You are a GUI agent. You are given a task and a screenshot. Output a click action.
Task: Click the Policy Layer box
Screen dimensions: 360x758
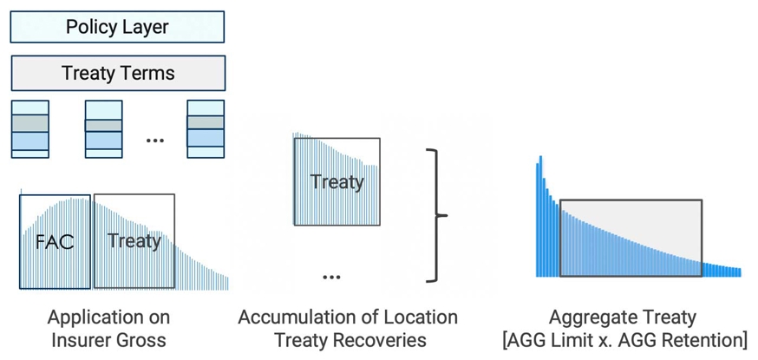[117, 27]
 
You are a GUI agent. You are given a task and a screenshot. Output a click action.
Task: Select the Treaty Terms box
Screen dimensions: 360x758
[118, 74]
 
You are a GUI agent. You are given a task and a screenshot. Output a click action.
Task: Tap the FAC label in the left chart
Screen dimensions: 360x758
[55, 241]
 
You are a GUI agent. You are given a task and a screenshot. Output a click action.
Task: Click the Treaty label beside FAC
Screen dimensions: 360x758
[134, 240]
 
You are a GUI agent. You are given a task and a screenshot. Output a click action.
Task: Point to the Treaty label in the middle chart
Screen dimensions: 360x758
[337, 182]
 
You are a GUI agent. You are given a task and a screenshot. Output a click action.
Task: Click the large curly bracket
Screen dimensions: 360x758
[437, 215]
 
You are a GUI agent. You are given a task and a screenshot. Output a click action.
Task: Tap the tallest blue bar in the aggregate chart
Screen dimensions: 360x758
[540, 216]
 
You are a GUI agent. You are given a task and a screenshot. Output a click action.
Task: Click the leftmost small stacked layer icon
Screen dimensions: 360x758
[29, 129]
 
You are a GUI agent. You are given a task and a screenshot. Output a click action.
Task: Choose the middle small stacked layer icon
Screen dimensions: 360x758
[103, 129]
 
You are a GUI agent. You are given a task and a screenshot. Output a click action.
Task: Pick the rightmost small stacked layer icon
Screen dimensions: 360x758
[206, 129]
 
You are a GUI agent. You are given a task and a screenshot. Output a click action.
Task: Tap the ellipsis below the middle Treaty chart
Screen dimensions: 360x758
[331, 277]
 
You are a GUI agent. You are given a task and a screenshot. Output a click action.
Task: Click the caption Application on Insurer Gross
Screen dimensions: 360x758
[108, 328]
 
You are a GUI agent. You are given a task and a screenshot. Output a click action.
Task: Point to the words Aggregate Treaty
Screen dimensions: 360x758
[623, 317]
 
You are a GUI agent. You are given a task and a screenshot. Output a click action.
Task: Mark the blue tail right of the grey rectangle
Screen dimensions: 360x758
[722, 270]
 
